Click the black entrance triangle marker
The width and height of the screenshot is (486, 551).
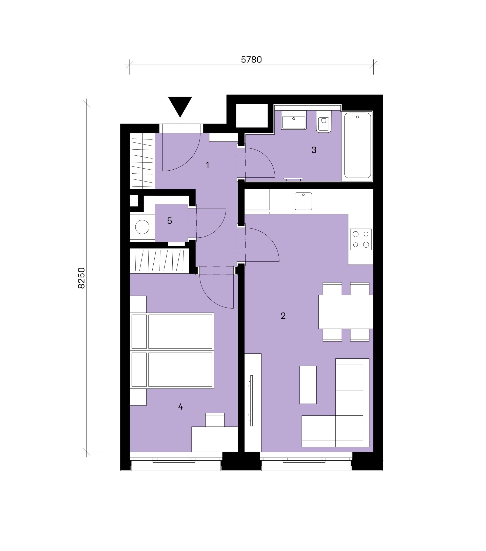pos(180,105)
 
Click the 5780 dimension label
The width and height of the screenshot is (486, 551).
pos(251,59)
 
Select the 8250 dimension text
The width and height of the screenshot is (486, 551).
pos(81,278)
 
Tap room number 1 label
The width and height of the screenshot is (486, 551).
pos(207,165)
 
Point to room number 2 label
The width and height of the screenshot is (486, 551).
pos(283,316)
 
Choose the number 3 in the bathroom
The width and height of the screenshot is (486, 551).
pos(314,150)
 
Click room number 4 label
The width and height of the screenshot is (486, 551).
pos(180,406)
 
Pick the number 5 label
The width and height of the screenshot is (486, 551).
pos(170,221)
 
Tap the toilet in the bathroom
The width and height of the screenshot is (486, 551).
pos(323,121)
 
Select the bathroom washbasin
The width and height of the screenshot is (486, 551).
pos(294,120)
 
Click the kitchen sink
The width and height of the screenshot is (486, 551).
pos(303,201)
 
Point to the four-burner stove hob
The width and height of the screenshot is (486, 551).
pos(361,239)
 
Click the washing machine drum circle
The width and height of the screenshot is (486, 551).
pos(142,227)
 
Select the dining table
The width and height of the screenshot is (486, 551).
pos(346,312)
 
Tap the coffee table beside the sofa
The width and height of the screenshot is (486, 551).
pos(308,385)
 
